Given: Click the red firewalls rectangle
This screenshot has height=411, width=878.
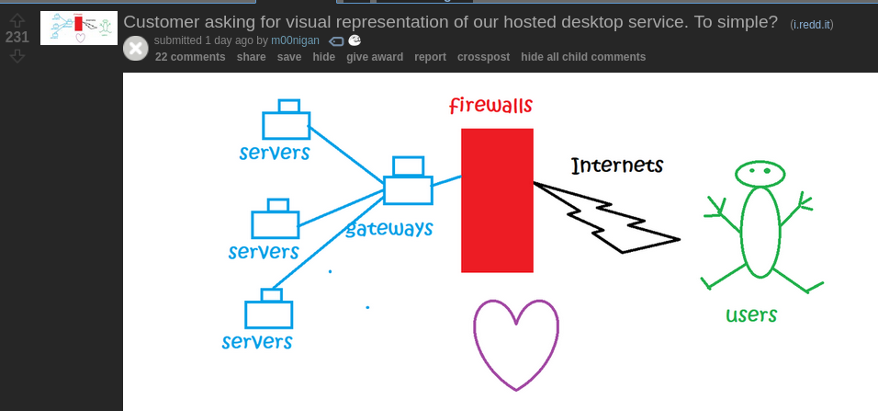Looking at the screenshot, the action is tap(497, 200).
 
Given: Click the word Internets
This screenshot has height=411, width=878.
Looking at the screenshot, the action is tap(617, 166).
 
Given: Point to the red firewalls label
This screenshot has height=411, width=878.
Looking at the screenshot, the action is tap(490, 105).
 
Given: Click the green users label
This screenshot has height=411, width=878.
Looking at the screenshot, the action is tap(751, 314).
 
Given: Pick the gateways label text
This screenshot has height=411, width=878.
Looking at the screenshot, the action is tap(389, 229).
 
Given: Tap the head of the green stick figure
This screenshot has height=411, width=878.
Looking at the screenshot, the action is tap(760, 173).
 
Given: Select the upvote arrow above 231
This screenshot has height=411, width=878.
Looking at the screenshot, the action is tap(17, 20).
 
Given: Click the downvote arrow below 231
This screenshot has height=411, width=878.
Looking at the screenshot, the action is tap(17, 55).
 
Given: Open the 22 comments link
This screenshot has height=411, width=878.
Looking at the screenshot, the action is tap(190, 57).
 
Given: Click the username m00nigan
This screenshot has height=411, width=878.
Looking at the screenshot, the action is tap(295, 40).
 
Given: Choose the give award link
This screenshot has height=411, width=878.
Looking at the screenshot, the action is tap(375, 57).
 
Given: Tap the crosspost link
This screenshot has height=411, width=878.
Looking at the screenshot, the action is tap(483, 57).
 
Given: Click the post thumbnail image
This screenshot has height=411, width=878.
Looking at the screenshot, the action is tap(79, 28).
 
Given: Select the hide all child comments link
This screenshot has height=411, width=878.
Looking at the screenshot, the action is tap(583, 57).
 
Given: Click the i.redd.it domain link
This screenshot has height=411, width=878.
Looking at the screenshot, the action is tap(812, 24).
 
